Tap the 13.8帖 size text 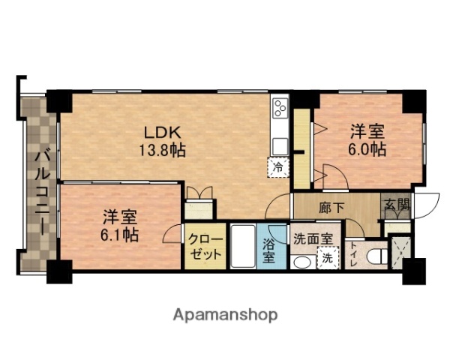161,149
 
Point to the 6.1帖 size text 120,235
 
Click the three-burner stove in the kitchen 280,109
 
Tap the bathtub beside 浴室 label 243,246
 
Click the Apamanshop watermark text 226,314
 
